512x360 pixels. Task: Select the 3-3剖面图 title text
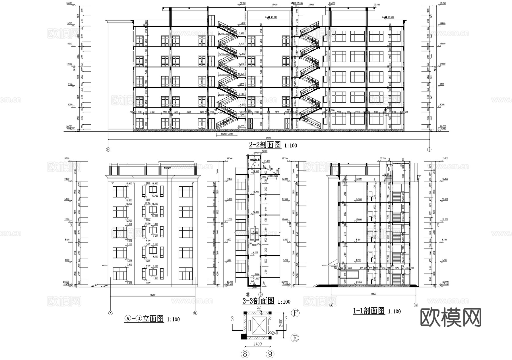coord(258,301)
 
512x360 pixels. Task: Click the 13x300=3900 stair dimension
coord(227,134)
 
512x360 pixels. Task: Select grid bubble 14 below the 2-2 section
coord(108,149)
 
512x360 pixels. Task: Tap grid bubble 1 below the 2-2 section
coord(429,149)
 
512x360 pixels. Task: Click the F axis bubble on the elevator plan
coord(296,313)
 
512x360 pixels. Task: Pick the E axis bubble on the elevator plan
coord(296,338)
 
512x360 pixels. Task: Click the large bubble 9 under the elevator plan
coord(270,354)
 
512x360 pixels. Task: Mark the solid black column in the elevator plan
coord(243,337)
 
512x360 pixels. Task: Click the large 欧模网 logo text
coord(451,318)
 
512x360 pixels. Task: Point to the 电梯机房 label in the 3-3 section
coord(255,160)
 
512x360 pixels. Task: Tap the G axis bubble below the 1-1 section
coord(416,305)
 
